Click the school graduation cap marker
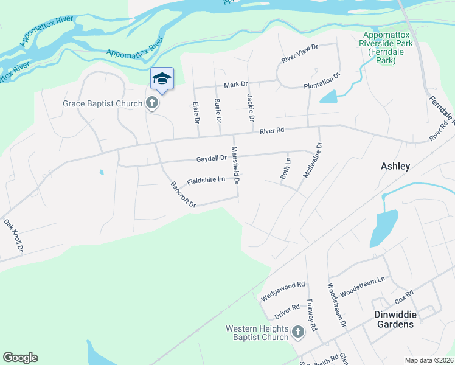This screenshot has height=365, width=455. [x=162, y=78]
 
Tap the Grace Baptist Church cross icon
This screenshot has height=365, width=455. [x=152, y=103]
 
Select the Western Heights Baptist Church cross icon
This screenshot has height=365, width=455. [x=297, y=332]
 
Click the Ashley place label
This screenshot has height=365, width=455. [x=395, y=165]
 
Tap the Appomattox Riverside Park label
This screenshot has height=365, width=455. [x=387, y=47]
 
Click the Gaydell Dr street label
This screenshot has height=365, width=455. [x=211, y=158]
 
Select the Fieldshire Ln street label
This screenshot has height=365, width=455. [x=206, y=181]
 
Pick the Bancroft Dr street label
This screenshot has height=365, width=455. [x=183, y=195]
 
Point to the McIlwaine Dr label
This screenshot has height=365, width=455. [x=311, y=160]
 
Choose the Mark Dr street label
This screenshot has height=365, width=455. [x=236, y=85]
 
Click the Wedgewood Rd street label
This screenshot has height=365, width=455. [x=283, y=291]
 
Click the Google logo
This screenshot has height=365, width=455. [x=20, y=358]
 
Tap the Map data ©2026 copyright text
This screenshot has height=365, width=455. [x=428, y=360]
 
